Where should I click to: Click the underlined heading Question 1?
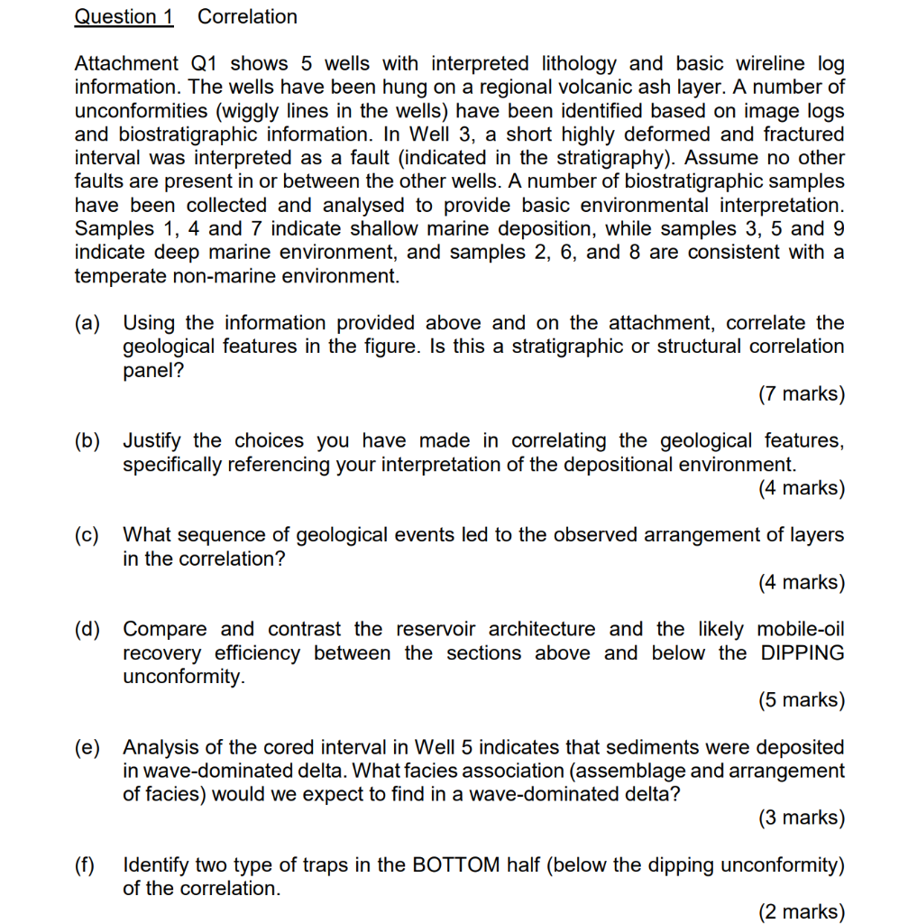(124, 17)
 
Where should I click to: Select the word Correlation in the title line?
(247, 17)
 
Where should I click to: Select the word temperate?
(119, 276)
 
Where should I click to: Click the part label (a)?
(88, 323)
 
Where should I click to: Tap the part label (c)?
(88, 535)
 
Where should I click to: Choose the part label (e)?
(88, 748)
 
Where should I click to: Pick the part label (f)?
(87, 865)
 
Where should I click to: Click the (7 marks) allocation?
(802, 394)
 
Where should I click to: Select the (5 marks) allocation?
(802, 700)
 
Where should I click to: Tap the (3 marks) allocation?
(802, 818)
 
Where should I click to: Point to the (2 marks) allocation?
(802, 911)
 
